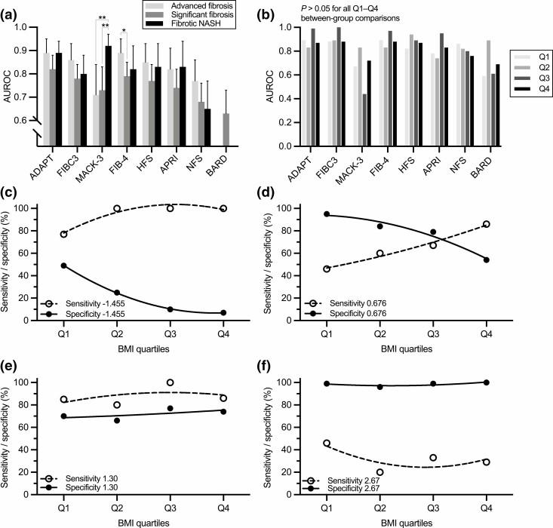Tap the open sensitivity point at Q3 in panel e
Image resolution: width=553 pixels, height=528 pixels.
(171, 382)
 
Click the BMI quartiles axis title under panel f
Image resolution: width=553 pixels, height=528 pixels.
(422, 521)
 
